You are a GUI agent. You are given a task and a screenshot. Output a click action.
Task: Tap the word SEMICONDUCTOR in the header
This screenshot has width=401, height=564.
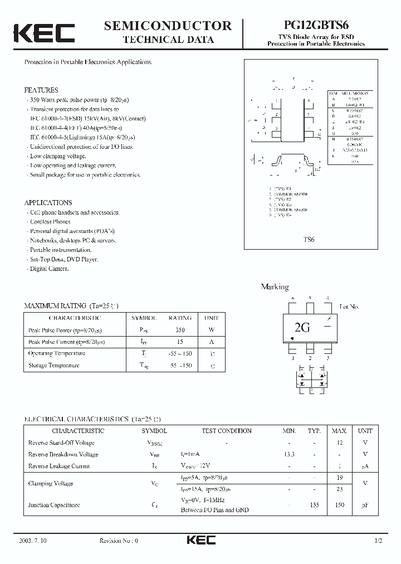click(x=168, y=26)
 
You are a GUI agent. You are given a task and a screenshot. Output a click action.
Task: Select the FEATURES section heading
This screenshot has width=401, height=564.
click(x=41, y=90)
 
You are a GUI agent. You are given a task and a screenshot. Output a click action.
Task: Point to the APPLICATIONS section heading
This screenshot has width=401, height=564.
click(x=48, y=203)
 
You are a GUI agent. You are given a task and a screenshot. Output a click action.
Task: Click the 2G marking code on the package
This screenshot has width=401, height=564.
click(x=302, y=328)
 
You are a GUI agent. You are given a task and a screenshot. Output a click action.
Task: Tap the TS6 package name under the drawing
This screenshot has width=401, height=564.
click(x=309, y=239)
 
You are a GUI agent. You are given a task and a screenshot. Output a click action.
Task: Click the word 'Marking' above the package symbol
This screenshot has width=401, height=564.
click(x=275, y=287)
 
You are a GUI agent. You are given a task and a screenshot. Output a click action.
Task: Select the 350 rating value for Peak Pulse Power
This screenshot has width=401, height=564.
click(x=180, y=330)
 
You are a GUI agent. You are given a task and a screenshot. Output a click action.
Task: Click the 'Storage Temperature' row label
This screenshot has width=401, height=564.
click(x=53, y=366)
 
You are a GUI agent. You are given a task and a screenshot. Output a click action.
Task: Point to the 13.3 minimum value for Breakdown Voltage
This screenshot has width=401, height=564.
click(x=289, y=454)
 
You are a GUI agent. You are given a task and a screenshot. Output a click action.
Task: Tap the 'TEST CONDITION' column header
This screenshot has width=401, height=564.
click(x=226, y=431)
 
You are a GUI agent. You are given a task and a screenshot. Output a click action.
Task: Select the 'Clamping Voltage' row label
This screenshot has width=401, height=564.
click(x=51, y=483)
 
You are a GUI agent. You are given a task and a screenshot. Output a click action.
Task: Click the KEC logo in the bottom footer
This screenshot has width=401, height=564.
click(x=200, y=541)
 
